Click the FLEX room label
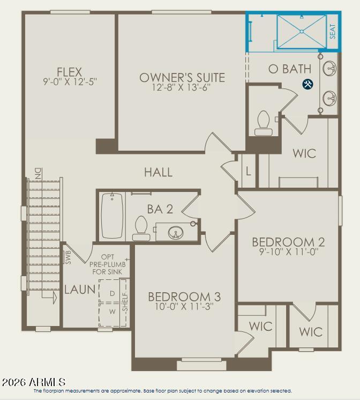69,72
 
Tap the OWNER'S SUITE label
182,78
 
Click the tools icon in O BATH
307,84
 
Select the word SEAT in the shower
333,31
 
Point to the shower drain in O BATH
302,32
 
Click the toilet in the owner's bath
264,123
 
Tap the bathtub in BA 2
112,216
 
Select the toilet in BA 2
141,228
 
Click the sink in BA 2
176,232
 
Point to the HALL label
159,172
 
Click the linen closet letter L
249,172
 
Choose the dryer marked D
112,293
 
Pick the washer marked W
112,312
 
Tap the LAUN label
80,290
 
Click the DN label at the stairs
38,173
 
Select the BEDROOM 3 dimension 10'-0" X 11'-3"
184,306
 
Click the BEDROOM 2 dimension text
289,252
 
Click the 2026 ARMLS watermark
34,382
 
